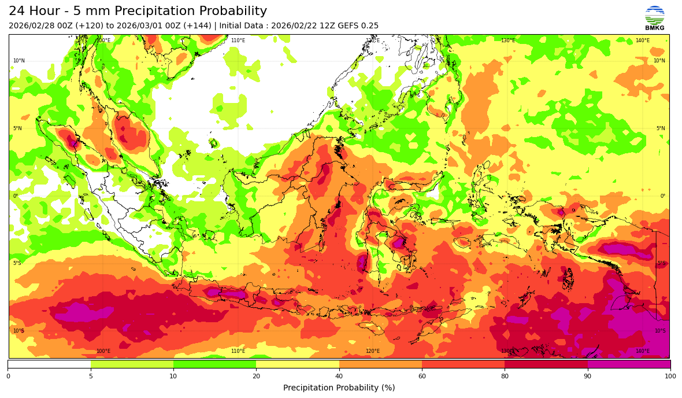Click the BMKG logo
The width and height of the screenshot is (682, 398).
tap(654, 18)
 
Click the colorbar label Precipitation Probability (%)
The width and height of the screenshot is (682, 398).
tap(339, 388)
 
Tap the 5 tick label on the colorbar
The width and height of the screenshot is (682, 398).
tap(91, 377)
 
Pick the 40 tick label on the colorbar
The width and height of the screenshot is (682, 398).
tap(339, 377)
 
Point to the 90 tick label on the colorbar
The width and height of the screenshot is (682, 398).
tap(588, 377)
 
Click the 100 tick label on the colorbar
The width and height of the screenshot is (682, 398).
tap(670, 377)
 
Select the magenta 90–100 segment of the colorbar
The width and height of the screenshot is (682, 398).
tap(629, 364)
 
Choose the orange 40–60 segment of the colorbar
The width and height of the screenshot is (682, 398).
tap(380, 364)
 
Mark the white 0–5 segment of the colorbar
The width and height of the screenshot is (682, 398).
tap(49, 364)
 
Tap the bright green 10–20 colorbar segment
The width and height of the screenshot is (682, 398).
tap(214, 364)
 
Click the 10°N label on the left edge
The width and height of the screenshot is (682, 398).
tap(18, 61)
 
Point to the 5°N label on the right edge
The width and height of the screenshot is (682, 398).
tap(660, 128)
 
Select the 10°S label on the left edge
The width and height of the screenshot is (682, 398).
tap(18, 331)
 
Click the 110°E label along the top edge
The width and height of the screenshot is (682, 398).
tap(238, 40)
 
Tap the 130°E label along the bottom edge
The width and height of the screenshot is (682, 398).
tap(507, 351)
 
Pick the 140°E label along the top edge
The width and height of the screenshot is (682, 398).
tap(642, 40)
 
